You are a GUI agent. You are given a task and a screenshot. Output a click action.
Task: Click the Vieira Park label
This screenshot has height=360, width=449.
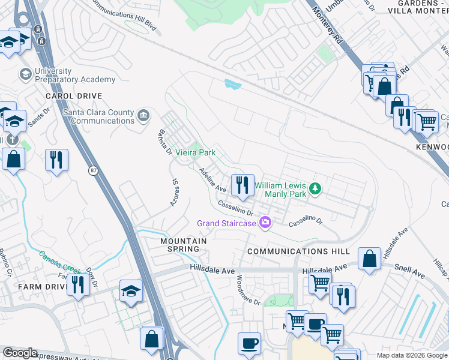pyautogui.click(x=195, y=153)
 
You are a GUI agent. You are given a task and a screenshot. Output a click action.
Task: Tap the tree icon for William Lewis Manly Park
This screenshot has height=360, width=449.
pyautogui.click(x=315, y=190)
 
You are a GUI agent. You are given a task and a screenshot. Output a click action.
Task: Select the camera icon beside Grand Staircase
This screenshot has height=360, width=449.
pyautogui.click(x=265, y=223)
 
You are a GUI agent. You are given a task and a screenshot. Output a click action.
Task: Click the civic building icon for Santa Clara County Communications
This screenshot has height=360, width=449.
pyautogui.click(x=143, y=115)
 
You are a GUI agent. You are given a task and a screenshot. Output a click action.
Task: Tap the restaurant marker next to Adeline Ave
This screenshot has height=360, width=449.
pyautogui.click(x=243, y=185)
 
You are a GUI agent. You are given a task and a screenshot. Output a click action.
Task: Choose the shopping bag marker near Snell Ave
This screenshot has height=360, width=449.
pyautogui.click(x=370, y=259)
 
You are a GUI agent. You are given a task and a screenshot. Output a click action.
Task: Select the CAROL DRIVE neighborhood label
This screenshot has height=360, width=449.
pyautogui.click(x=74, y=96)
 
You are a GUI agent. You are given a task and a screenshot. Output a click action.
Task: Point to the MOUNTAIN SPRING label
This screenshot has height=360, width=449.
pyautogui.click(x=184, y=245)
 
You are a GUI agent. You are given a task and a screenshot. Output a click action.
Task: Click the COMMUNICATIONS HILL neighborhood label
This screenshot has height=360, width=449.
pyautogui.click(x=290, y=251)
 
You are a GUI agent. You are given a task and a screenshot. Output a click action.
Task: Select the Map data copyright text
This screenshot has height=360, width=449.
pyautogui.click(x=412, y=355)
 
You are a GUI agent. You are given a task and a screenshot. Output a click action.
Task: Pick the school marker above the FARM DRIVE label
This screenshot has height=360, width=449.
pyautogui.click(x=130, y=292)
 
